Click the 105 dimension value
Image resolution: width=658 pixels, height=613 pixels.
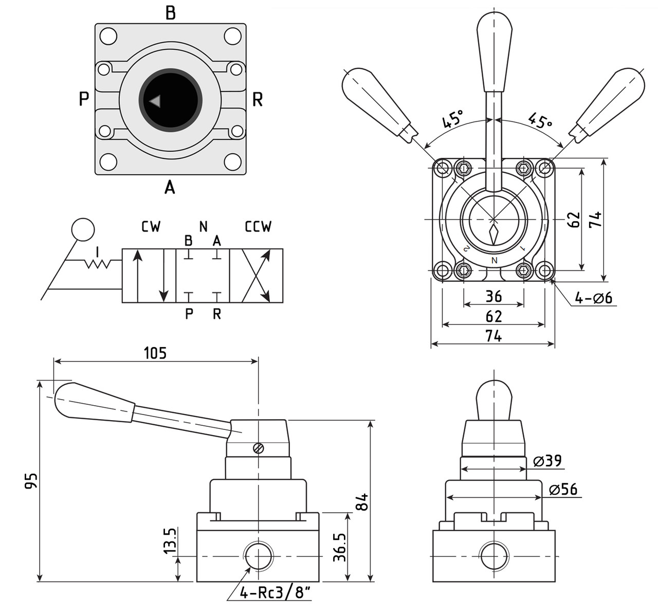pyautogui.click(x=155, y=353)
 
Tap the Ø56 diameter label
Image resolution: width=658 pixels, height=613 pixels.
pyautogui.click(x=563, y=490)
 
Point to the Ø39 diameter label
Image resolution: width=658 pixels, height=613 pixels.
pyautogui.click(x=547, y=461)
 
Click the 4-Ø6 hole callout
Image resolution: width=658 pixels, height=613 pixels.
pyautogui.click(x=594, y=298)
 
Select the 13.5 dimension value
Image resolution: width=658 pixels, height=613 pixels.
pyautogui.click(x=170, y=540)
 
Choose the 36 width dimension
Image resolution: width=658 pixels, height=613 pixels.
pyautogui.click(x=493, y=296)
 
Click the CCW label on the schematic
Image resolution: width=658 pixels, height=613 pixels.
pyautogui.click(x=258, y=227)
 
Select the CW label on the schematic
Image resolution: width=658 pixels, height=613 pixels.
pyautogui.click(x=151, y=227)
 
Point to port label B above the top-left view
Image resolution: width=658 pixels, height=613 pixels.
pyautogui.click(x=170, y=13)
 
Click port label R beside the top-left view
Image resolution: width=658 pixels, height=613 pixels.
pyautogui.click(x=258, y=100)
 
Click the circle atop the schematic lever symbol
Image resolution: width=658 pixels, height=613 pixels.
pyautogui.click(x=83, y=229)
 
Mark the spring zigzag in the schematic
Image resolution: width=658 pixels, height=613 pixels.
pyautogui.click(x=98, y=264)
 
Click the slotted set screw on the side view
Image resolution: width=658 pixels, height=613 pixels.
pyautogui.click(x=259, y=448)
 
